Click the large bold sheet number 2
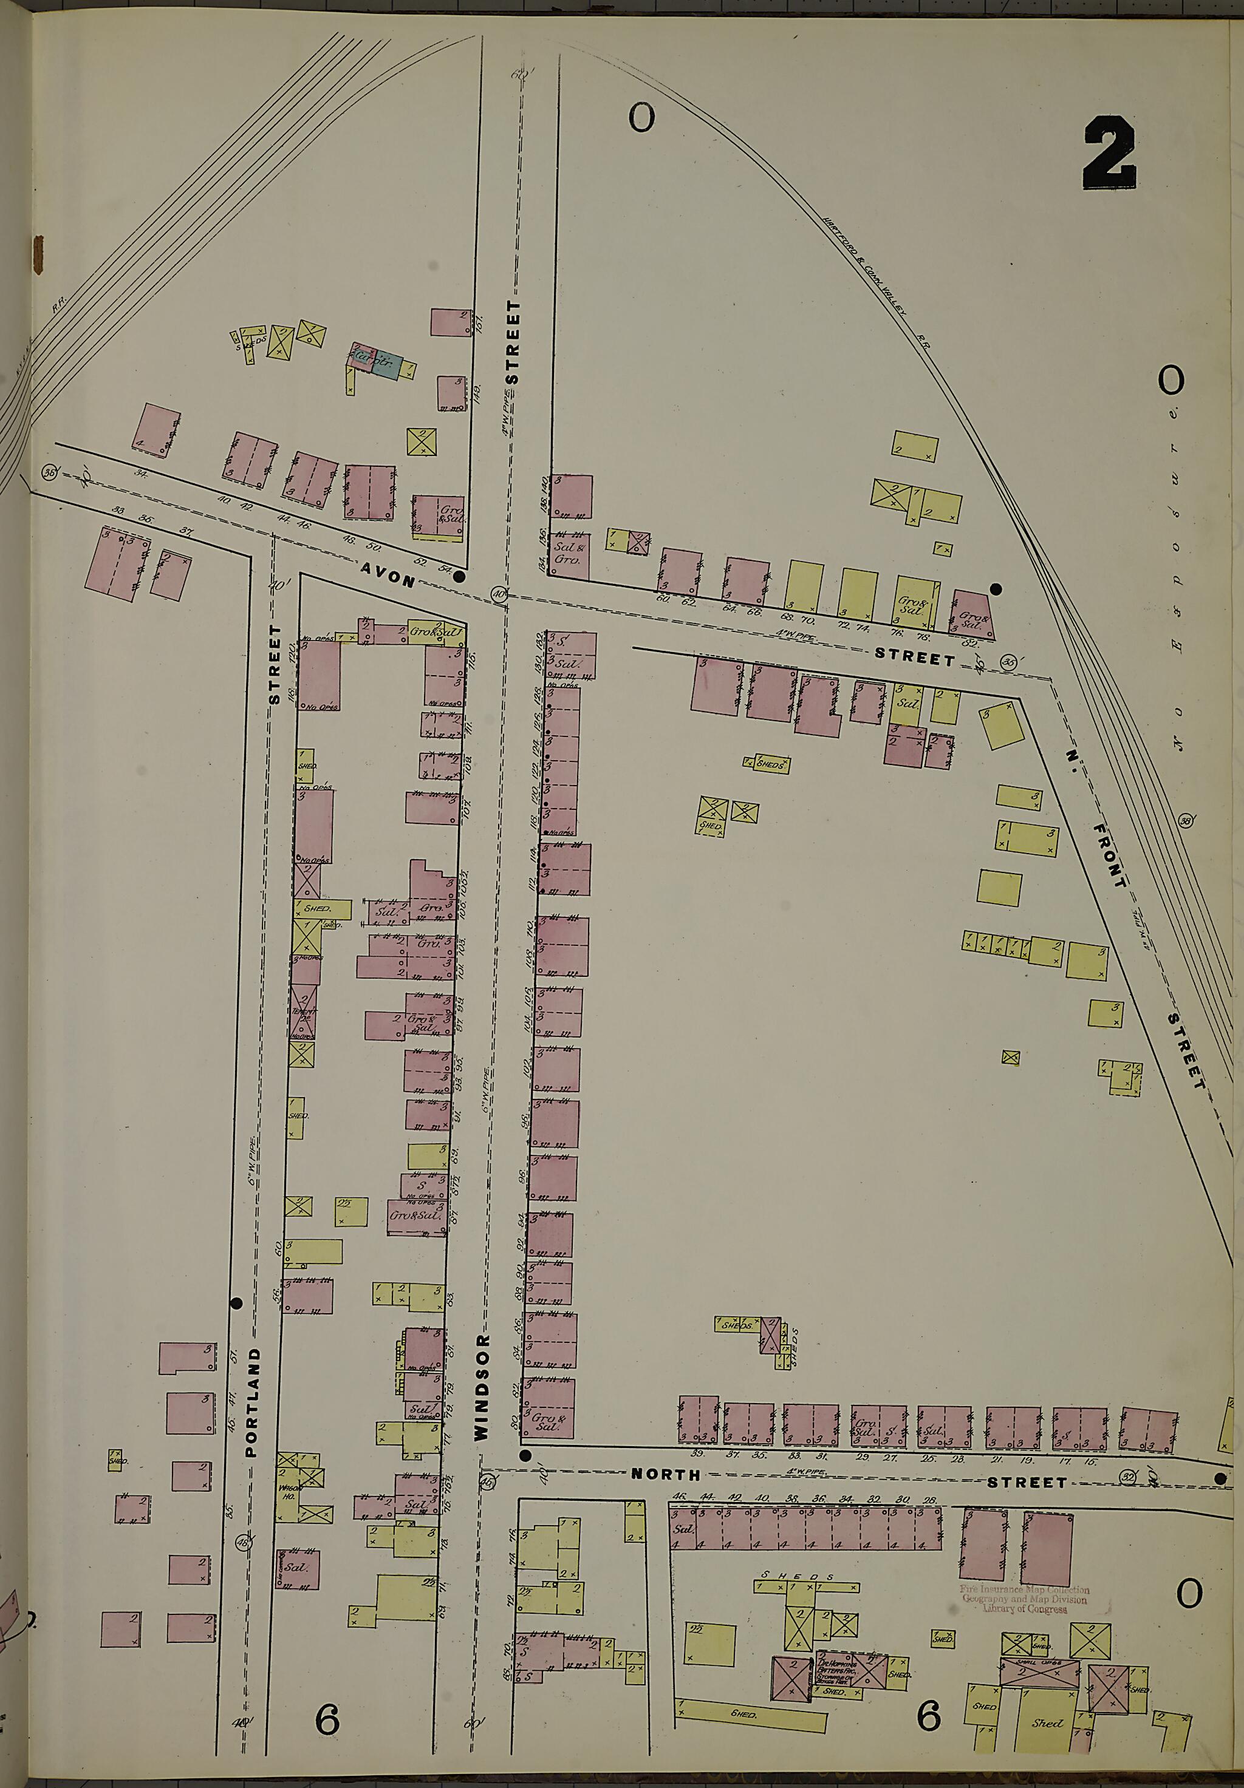click(1109, 154)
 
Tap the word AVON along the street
click(387, 574)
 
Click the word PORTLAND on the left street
click(251, 1402)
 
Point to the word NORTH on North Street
click(665, 1474)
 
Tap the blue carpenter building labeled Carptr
click(386, 364)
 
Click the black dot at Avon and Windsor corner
click(460, 577)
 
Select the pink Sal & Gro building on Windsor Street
click(569, 554)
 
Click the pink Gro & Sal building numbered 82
click(971, 613)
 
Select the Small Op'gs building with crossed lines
click(1039, 1673)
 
